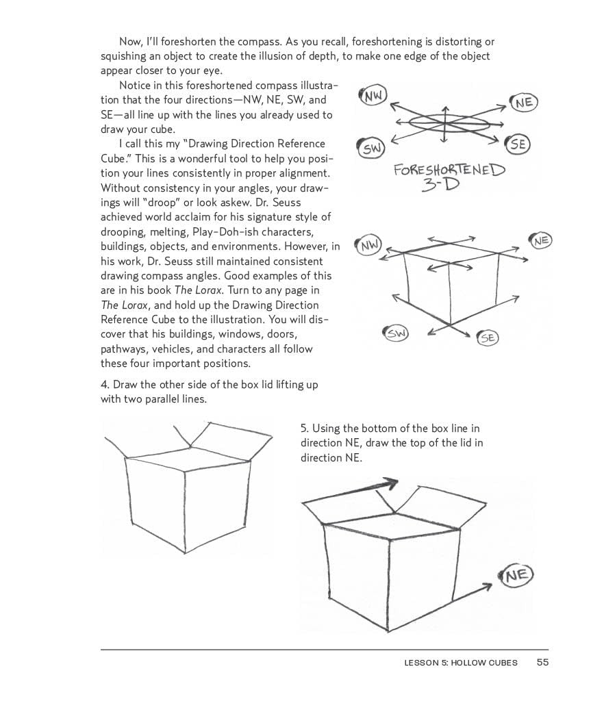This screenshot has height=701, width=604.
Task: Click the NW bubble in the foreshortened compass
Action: click(x=373, y=96)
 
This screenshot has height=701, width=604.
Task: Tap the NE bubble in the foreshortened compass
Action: click(x=525, y=103)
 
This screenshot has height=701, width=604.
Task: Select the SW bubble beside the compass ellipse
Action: click(x=370, y=149)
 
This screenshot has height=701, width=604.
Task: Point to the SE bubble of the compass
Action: click(x=518, y=144)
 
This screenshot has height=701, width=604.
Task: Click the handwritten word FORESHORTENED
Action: click(x=449, y=170)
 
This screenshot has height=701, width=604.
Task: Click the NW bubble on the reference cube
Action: click(x=370, y=244)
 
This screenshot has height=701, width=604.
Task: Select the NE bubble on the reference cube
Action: click(x=541, y=240)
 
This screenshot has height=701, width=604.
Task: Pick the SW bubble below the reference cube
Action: click(x=397, y=333)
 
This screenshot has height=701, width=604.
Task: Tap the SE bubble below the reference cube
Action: click(x=488, y=337)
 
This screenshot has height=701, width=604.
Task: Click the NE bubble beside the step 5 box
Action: click(x=517, y=576)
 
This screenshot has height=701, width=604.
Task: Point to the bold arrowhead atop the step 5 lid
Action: click(x=390, y=484)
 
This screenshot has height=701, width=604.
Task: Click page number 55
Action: click(x=543, y=662)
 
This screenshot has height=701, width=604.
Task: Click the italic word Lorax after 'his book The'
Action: click(x=207, y=290)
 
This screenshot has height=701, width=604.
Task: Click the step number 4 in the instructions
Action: click(x=104, y=385)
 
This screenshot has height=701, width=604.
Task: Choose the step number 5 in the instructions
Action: click(x=304, y=429)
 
